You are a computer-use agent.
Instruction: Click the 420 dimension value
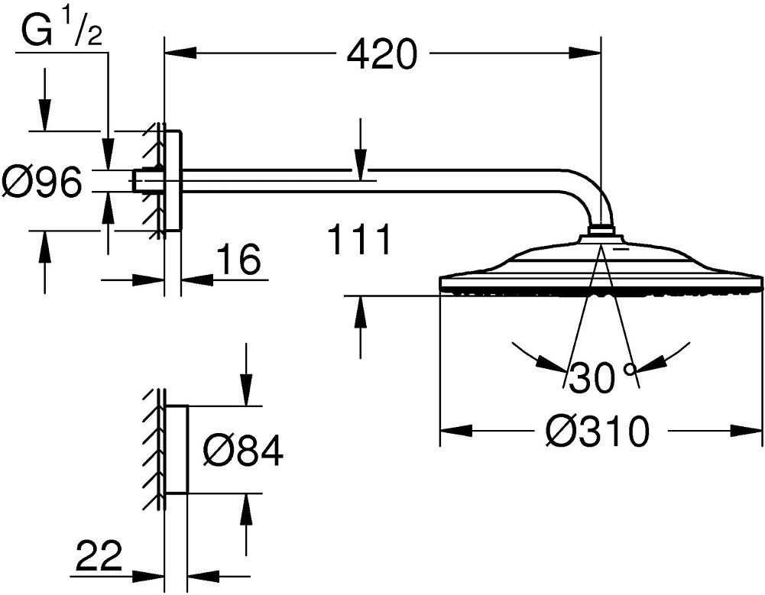pos(382,55)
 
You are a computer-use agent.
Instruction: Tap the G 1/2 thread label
pos(61,31)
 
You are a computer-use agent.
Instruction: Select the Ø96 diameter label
pos(41,182)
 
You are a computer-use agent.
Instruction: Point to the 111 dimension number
pos(360,239)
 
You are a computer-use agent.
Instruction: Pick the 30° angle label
pos(601,377)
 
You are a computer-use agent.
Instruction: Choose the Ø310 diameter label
pos(598,431)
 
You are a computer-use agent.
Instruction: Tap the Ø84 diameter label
pos(243,450)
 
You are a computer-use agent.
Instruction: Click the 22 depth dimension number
pos(99,555)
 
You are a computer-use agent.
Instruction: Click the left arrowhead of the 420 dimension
pos(180,53)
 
